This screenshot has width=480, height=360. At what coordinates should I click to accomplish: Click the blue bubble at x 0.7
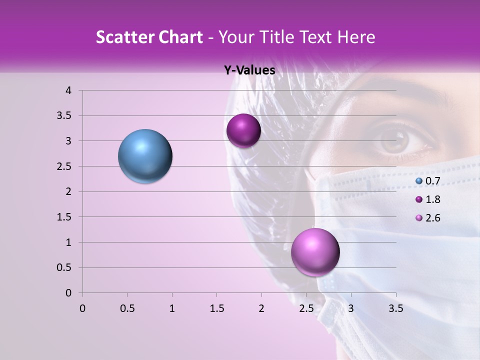pos(145,156)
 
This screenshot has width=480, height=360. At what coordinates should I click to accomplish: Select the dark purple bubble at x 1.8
pos(243,130)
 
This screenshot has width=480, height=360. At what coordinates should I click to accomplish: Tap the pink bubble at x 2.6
pos(315,252)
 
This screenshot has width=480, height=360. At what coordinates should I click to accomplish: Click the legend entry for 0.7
pos(427,181)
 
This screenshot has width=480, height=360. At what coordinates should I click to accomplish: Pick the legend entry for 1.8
pos(427,199)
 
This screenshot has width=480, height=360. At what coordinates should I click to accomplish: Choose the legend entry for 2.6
pos(427,218)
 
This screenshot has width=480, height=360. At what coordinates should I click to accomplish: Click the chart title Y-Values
pos(249,70)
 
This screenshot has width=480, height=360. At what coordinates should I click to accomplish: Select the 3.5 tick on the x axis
pos(395,308)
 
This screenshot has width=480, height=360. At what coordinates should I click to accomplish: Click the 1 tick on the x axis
pos(172,308)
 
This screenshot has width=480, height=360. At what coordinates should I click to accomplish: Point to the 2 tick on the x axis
pos(261,308)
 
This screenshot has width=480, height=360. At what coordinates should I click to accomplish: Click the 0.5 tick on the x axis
pos(127,308)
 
